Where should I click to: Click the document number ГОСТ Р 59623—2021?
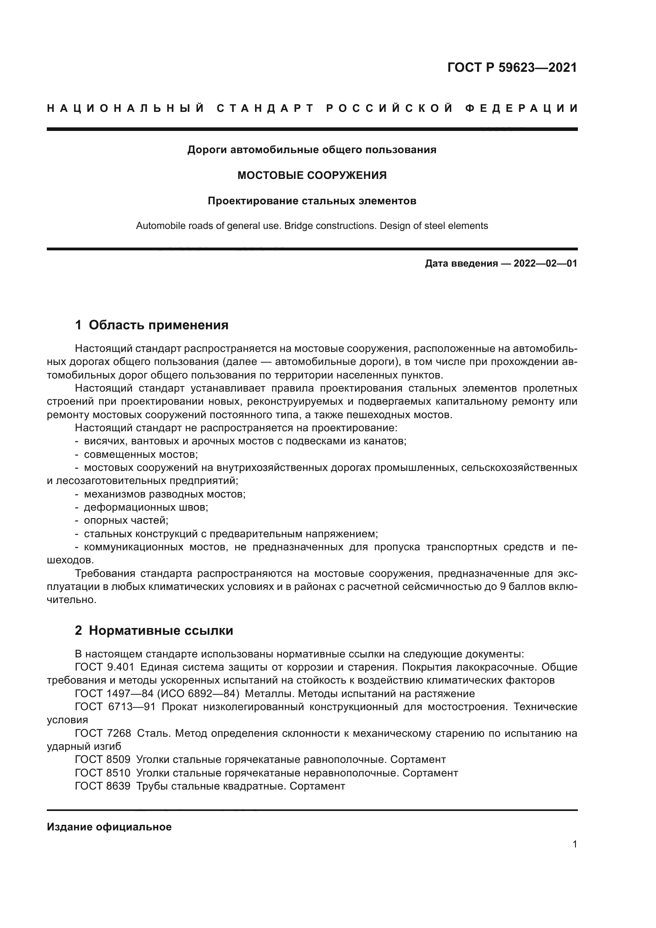pyautogui.click(x=512, y=67)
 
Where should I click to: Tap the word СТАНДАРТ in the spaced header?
pyautogui.click(x=265, y=108)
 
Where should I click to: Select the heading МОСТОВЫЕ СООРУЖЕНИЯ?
pyautogui.click(x=312, y=175)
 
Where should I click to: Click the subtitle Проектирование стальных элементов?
pyautogui.click(x=312, y=201)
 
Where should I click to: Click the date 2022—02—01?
pyautogui.click(x=545, y=264)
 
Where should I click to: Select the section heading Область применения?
pyautogui.click(x=158, y=325)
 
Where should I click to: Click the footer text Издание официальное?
pyautogui.click(x=109, y=827)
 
